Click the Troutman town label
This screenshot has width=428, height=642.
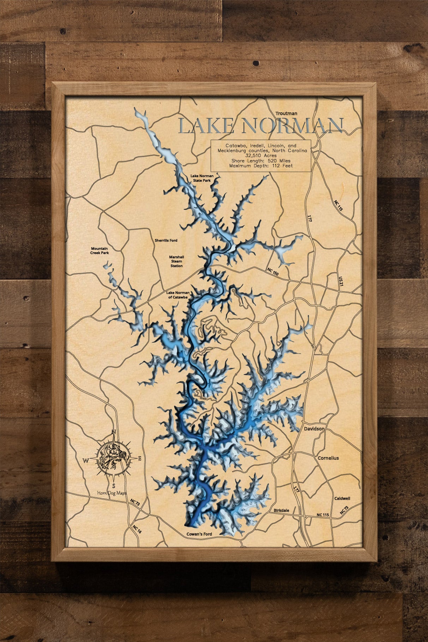(286, 113)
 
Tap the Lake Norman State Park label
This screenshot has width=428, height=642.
(200, 178)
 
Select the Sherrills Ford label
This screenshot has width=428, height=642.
(166, 240)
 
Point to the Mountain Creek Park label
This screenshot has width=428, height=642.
(100, 250)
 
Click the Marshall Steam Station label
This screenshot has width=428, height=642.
(176, 261)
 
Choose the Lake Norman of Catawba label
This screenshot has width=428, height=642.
(178, 295)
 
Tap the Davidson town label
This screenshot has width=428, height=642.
(314, 429)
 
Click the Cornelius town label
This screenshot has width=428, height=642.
(328, 458)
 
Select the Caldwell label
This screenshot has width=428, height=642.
(342, 498)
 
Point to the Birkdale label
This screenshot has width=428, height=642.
(282, 510)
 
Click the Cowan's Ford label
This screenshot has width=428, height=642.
(199, 534)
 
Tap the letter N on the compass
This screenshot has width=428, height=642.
(114, 432)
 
